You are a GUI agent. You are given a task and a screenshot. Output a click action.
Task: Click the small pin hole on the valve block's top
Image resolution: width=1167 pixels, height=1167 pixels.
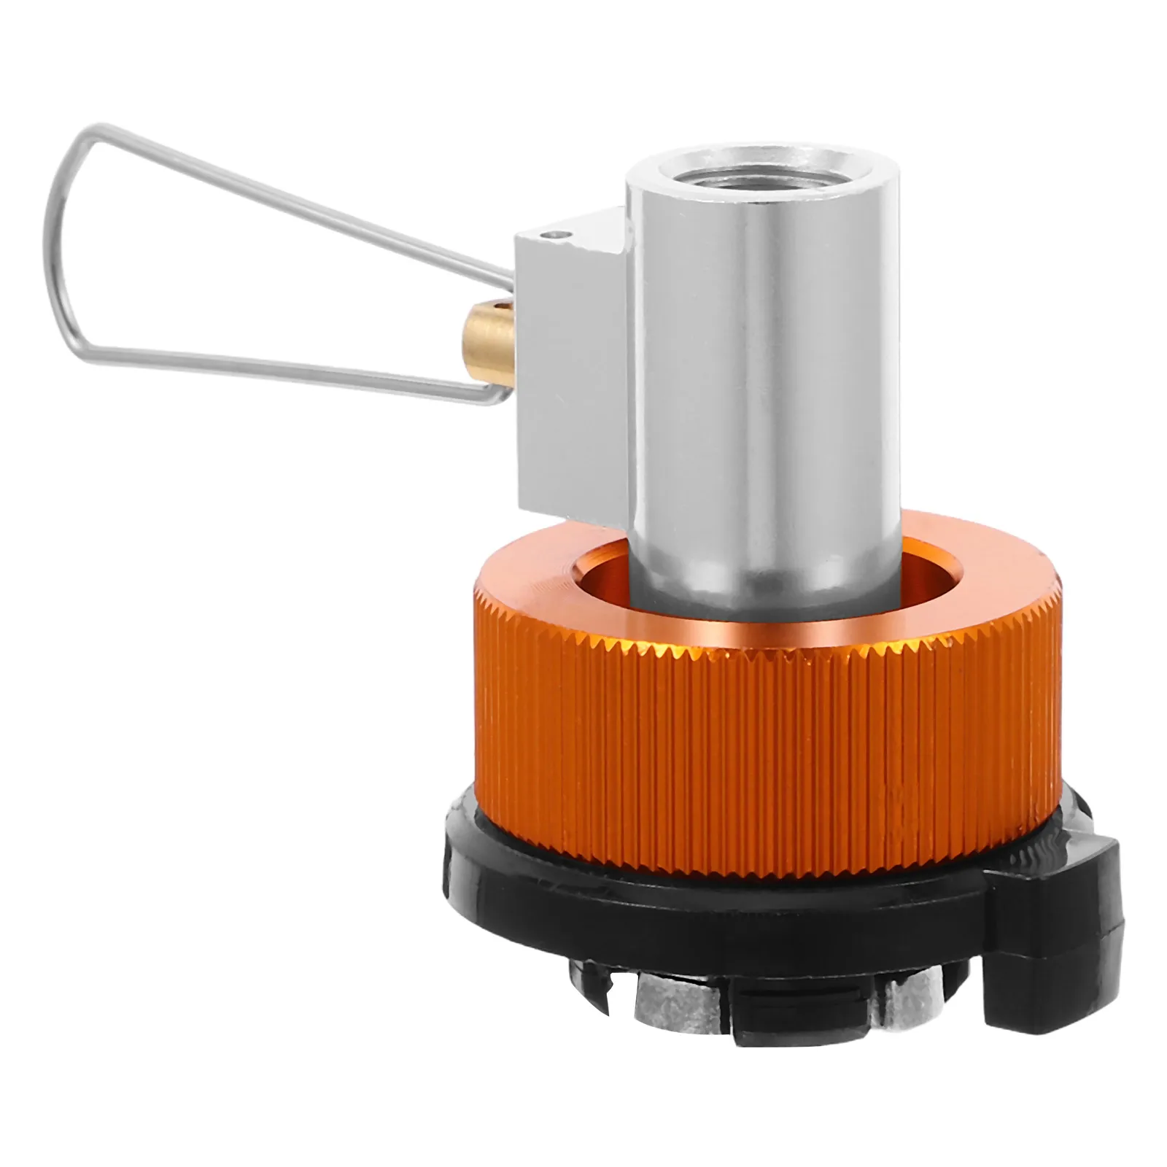(557, 235)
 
